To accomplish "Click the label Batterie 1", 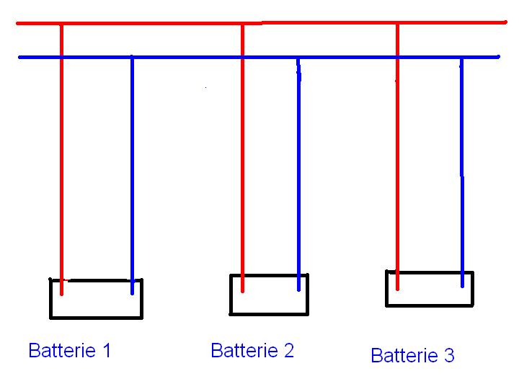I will pos(69,351).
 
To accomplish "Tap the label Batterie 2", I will pos(252,351).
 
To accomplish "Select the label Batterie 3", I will pos(412,355).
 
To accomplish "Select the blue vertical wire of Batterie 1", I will pos(132,173).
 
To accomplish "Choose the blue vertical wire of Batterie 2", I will pos(298,173).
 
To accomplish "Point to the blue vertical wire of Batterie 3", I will pos(462,173).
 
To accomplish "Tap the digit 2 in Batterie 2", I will pos(288,351).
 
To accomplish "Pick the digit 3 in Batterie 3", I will pos(449,355).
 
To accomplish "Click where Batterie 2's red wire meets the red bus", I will pos(242,23).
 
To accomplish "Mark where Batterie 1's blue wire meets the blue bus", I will pos(132,57).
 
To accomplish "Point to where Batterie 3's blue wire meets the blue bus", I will pos(462,57).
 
